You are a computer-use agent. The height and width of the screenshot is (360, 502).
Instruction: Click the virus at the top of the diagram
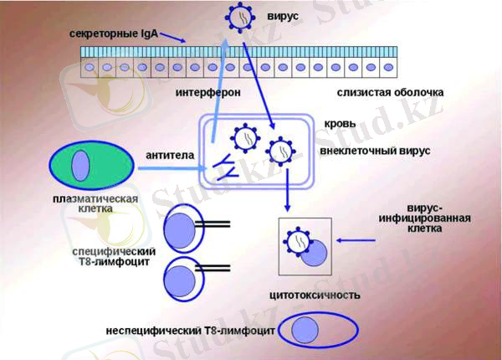pyautogui.click(x=241, y=18)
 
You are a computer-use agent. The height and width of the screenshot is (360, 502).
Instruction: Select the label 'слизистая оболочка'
pyautogui.click(x=390, y=91)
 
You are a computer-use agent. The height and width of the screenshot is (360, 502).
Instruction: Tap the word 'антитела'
pyautogui.click(x=170, y=155)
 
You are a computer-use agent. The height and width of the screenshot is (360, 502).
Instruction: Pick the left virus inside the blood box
pyautogui.click(x=245, y=136)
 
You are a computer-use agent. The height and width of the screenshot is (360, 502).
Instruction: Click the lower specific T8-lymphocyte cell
pyautogui.click(x=181, y=275)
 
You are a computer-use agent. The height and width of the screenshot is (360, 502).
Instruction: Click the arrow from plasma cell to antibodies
pyautogui.click(x=167, y=169)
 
